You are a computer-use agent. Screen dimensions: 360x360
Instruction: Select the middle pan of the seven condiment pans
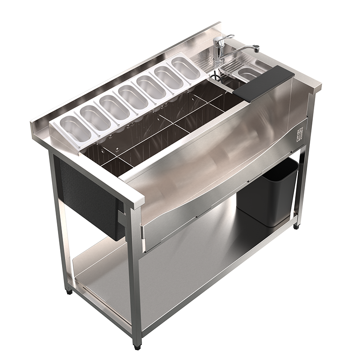pos(132,95)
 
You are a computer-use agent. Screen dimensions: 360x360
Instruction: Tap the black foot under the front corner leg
pos(137,347)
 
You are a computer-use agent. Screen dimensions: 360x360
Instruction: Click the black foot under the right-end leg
pos(297,226)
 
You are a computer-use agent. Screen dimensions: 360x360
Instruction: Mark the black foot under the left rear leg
pos(69,292)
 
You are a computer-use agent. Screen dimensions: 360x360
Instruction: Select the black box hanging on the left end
pos(90,198)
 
